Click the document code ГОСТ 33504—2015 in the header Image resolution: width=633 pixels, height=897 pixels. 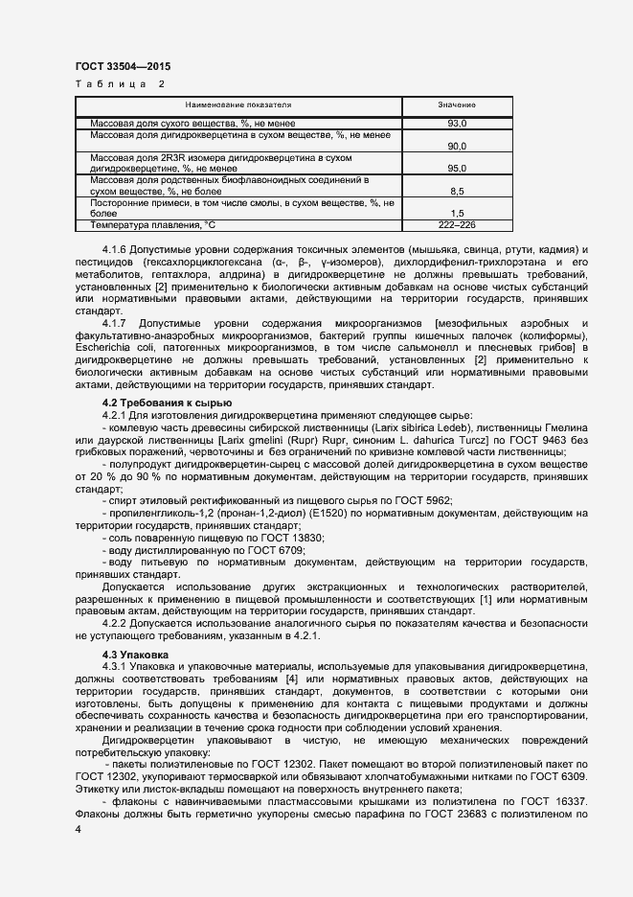pos(123,67)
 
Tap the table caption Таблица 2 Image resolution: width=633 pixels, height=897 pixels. pos(119,84)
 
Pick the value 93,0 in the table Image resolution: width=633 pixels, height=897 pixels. pos(457,125)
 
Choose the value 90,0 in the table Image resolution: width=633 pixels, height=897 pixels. pos(457,147)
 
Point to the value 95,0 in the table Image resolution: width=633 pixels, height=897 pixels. pos(457,169)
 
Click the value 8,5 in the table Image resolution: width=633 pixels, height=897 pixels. pos(457,191)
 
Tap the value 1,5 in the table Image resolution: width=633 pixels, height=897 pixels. pos(457,213)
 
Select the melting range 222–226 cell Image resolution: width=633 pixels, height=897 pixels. pos(457,224)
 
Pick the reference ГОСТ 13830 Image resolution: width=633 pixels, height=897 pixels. pos(293,539)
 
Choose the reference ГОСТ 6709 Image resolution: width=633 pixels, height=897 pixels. pos(283,551)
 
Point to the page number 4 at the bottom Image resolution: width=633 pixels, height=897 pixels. pos(78,828)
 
